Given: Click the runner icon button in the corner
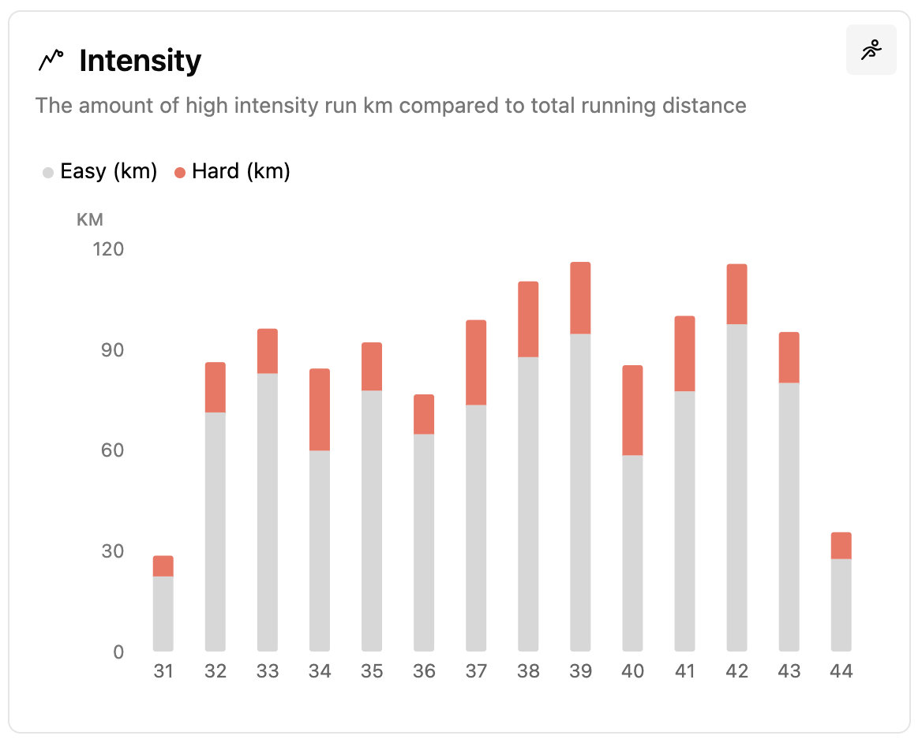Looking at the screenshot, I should [x=871, y=50].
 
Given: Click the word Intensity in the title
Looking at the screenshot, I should [x=140, y=61].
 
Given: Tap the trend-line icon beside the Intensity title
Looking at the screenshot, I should [x=51, y=60].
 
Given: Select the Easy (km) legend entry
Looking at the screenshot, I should [x=100, y=171].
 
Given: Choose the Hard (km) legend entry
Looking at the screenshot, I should [x=232, y=171].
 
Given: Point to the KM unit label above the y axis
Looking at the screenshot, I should [x=90, y=220].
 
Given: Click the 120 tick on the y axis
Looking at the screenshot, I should [x=109, y=250].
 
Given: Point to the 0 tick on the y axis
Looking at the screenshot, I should [x=118, y=652].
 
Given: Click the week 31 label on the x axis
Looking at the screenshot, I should [x=163, y=671].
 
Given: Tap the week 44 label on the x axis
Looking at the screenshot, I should [x=841, y=671].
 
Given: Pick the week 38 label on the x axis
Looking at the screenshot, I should [x=528, y=671].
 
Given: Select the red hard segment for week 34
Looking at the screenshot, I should [x=320, y=409].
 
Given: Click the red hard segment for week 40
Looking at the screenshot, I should [x=632, y=410].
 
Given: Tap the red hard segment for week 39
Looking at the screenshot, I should [x=580, y=297].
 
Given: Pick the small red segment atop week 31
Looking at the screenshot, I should [x=163, y=566].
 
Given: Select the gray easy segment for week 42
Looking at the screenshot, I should [x=736, y=487].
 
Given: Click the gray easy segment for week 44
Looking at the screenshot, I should [x=841, y=605].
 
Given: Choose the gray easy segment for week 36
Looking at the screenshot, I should [x=424, y=543].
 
